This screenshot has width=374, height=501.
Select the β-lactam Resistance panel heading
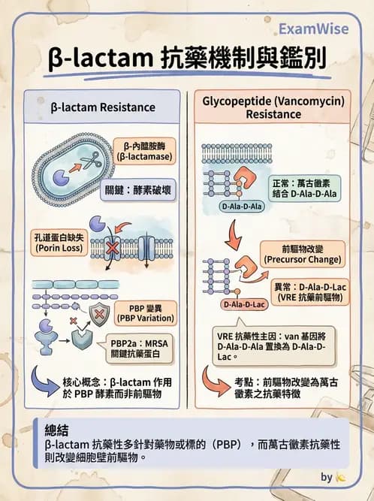point(103,107)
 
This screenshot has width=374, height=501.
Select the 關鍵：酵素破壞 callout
point(138,191)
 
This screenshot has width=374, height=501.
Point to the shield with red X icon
point(100,312)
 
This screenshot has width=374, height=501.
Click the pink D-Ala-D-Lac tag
point(244,305)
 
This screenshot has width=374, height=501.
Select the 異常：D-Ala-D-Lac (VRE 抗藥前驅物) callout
point(309,291)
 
